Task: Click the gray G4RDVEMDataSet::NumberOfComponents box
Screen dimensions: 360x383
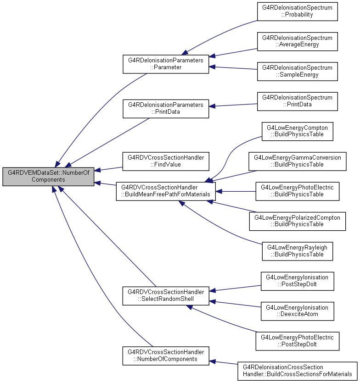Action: pyautogui.click(x=48, y=177)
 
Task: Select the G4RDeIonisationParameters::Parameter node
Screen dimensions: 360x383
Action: pyautogui.click(x=166, y=64)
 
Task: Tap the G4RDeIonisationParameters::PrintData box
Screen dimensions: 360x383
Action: pyautogui.click(x=166, y=109)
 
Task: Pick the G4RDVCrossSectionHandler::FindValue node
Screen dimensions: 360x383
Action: pyautogui.click(x=166, y=161)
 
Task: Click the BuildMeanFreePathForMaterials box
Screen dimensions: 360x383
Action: pyautogui.click(x=166, y=192)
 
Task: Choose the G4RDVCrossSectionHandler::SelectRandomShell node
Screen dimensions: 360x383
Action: pyautogui.click(x=166, y=296)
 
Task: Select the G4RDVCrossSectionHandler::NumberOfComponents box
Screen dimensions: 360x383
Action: pyautogui.click(x=166, y=356)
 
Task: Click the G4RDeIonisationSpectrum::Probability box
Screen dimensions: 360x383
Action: pyautogui.click(x=298, y=11)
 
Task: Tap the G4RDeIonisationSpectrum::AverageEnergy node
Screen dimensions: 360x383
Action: pyautogui.click(x=298, y=42)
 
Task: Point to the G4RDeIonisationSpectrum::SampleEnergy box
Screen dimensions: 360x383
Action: pyautogui.click(x=298, y=71)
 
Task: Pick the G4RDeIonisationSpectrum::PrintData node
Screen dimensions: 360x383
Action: pyautogui.click(x=298, y=101)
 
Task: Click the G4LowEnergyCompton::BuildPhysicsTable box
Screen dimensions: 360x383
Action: pyautogui.click(x=298, y=131)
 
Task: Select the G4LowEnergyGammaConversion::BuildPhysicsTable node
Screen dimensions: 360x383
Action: pyautogui.click(x=298, y=161)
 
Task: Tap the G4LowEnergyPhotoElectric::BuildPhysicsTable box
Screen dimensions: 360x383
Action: pyautogui.click(x=298, y=192)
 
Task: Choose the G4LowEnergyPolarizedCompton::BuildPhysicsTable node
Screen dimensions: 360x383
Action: pyautogui.click(x=298, y=221)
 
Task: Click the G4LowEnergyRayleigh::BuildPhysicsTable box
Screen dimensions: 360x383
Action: pyautogui.click(x=298, y=251)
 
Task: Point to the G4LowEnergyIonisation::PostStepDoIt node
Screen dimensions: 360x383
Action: pyautogui.click(x=298, y=281)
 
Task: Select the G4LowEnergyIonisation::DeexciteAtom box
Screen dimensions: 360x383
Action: pyautogui.click(x=298, y=311)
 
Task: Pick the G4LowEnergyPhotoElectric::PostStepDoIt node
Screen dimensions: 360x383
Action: pyautogui.click(x=298, y=341)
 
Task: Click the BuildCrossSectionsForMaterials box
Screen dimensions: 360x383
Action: pyautogui.click(x=298, y=371)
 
